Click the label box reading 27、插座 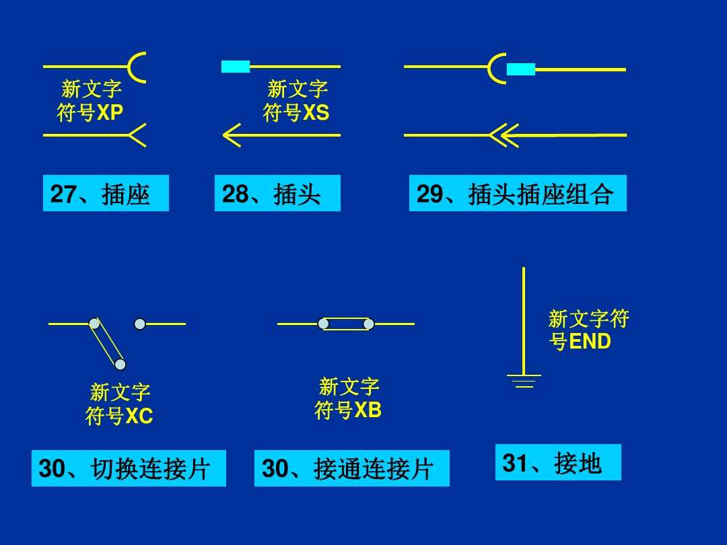(x=106, y=194)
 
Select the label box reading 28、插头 (x=277, y=194)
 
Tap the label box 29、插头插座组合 (x=517, y=194)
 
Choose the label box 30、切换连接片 (x=129, y=468)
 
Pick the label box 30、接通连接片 (x=351, y=468)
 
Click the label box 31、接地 (x=557, y=462)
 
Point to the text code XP (x=110, y=113)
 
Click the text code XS (x=316, y=113)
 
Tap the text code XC (x=139, y=417)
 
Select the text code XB (x=368, y=410)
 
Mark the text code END (x=590, y=342)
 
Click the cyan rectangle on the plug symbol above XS (x=236, y=66)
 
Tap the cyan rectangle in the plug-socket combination (x=520, y=69)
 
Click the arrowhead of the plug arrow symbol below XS (x=231, y=135)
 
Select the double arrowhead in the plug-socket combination (x=501, y=135)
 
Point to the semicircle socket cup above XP (x=137, y=67)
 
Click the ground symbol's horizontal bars (x=524, y=381)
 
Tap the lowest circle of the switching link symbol (x=120, y=365)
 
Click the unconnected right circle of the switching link (x=139, y=324)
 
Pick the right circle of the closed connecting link (x=369, y=324)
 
